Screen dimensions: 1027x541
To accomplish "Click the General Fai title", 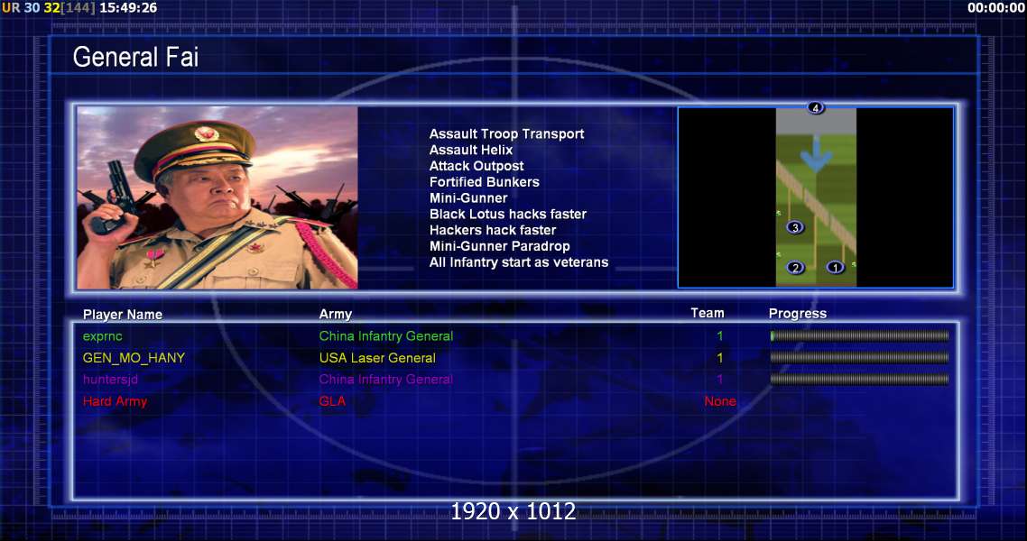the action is [135, 57].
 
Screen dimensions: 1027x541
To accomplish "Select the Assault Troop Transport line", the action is [506, 134].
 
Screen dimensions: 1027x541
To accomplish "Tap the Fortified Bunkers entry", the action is [484, 182].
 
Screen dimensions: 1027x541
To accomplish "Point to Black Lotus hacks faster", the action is [507, 214].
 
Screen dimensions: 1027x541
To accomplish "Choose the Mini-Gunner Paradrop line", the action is [499, 247].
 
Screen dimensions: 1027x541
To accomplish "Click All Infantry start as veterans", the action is [519, 262].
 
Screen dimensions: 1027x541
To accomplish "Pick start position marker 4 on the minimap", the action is [816, 108].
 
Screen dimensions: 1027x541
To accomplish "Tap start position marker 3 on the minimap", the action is [795, 227].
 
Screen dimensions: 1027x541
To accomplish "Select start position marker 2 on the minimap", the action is [795, 268].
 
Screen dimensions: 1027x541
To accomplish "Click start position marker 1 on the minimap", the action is [835, 268].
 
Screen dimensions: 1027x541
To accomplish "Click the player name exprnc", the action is [102, 337].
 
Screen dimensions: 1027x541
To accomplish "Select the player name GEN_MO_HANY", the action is [134, 359].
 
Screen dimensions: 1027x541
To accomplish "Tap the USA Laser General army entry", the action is [377, 359].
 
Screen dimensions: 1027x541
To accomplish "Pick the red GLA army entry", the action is [332, 401].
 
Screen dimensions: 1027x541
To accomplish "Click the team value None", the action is [720, 401].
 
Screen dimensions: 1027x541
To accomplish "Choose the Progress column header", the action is [797, 314].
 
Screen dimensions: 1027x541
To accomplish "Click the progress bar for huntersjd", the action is [859, 380].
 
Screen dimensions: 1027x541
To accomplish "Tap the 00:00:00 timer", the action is [995, 8].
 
